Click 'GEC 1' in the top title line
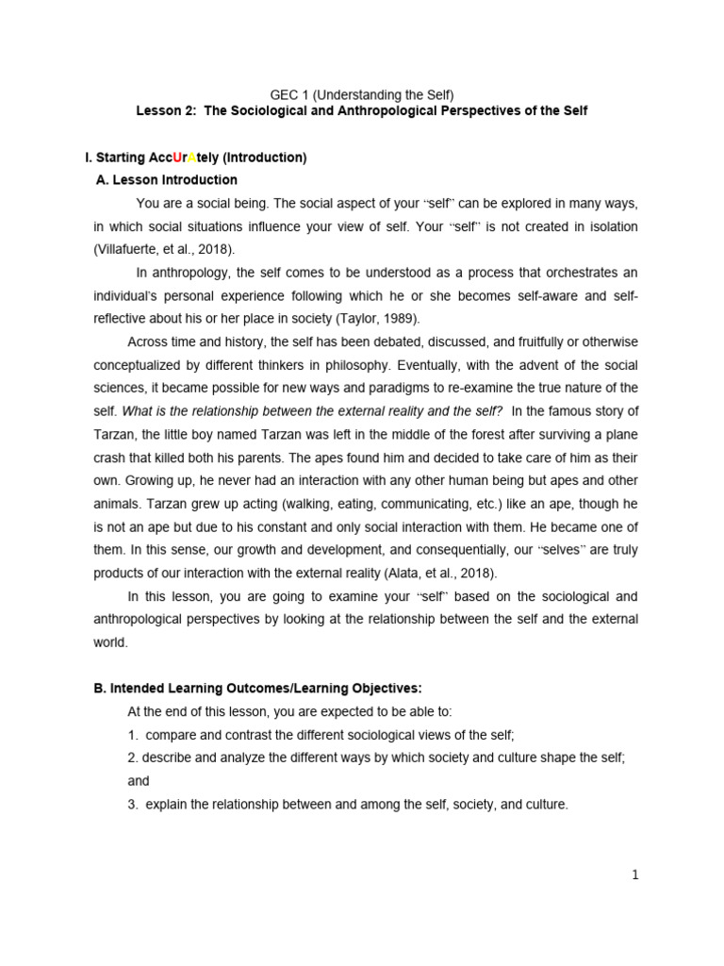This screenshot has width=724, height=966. tap(290, 94)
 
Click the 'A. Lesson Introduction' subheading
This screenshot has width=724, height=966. tap(167, 179)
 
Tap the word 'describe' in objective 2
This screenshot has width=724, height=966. tap(167, 758)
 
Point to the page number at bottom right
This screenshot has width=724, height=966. tap(635, 874)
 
